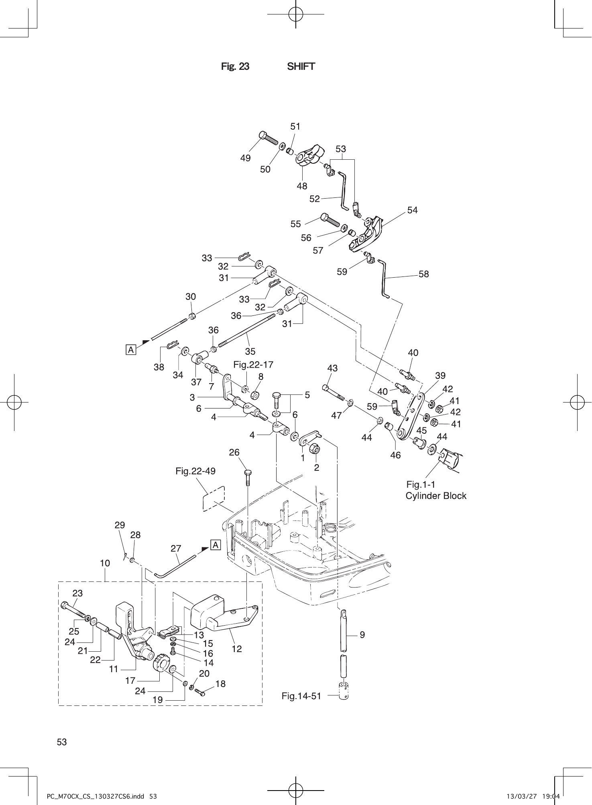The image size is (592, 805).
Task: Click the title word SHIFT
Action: click(301, 67)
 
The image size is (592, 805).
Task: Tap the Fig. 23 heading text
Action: click(235, 67)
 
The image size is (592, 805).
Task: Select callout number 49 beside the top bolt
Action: click(245, 158)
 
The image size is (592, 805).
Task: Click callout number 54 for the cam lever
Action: click(412, 210)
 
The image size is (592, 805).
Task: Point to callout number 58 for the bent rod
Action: click(423, 274)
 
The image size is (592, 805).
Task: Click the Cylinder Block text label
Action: click(436, 496)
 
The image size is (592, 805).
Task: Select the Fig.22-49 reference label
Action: click(195, 471)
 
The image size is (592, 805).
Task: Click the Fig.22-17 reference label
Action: click(253, 365)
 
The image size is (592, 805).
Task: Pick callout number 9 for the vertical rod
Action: click(362, 635)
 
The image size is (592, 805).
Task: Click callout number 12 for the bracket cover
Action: click(237, 648)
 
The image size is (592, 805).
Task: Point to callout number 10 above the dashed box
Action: click(105, 563)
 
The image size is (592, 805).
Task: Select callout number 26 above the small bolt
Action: click(234, 453)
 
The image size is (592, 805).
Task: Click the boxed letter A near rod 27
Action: click(216, 545)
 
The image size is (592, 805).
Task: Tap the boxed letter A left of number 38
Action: click(131, 350)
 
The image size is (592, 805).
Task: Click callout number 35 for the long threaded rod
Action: click(250, 352)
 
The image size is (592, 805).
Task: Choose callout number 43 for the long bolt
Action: click(332, 368)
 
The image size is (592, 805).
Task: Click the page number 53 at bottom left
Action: click(62, 742)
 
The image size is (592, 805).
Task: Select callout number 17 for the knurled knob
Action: click(130, 681)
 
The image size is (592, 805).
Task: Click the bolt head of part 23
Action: click(65, 606)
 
